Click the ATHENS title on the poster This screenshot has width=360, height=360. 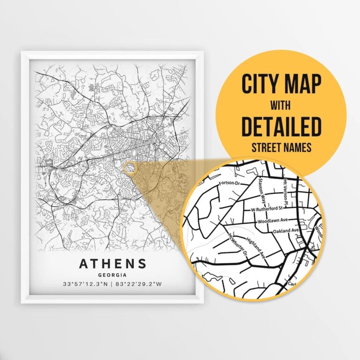(112, 263)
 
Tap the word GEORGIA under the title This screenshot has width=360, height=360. (112, 275)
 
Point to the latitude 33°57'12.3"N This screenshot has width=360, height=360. (85, 284)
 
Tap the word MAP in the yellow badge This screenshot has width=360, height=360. (303, 85)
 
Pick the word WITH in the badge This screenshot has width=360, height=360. (281, 106)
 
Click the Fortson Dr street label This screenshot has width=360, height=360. (230, 183)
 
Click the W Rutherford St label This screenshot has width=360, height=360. (269, 207)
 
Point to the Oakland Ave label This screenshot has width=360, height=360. (286, 231)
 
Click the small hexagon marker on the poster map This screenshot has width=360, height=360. (128, 166)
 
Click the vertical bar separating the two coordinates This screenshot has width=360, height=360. (112, 284)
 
